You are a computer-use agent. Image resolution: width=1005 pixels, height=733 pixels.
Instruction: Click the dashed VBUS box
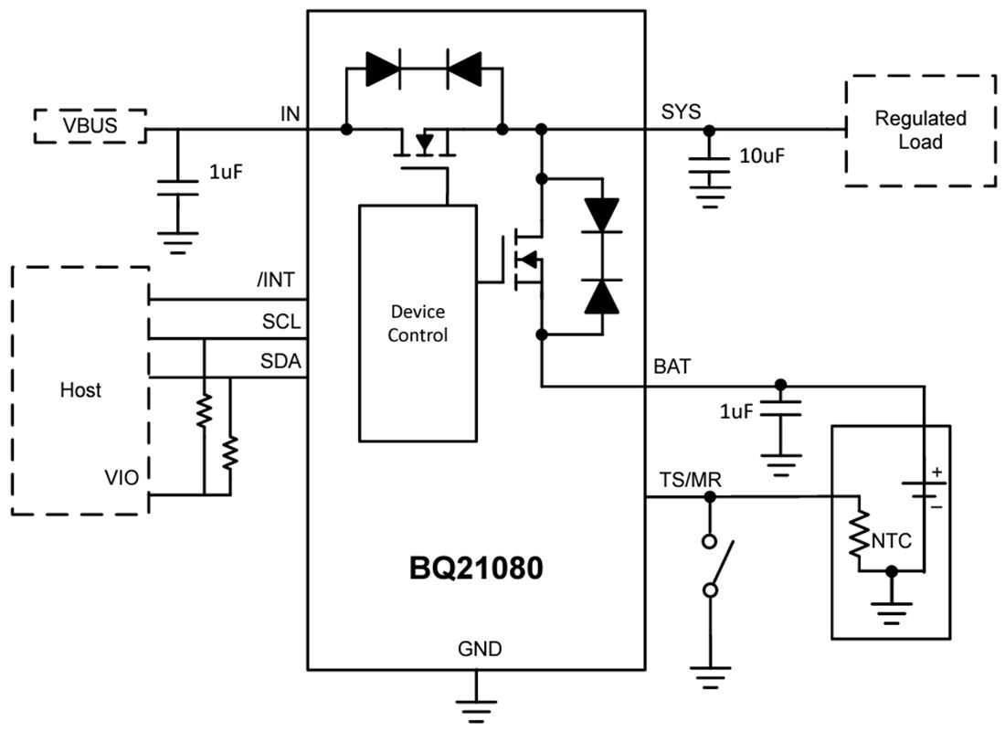[x=90, y=125]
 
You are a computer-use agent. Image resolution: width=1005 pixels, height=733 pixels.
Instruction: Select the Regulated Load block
[x=919, y=131]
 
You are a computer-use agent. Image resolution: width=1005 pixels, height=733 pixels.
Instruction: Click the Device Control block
[x=418, y=323]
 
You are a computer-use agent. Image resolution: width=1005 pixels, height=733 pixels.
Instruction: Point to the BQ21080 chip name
[x=476, y=568]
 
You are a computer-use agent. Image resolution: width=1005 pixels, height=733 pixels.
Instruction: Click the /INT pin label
[x=278, y=280]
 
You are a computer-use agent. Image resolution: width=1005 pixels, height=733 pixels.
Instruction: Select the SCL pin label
[x=280, y=322]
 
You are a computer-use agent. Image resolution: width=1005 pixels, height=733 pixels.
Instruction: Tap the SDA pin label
[x=280, y=362]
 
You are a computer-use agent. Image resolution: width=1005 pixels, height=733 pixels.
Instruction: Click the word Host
[x=80, y=390]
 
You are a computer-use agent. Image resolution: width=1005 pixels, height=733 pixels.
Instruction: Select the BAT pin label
[x=672, y=366]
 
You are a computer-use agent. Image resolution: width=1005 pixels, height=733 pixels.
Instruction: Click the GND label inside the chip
[x=479, y=649]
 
